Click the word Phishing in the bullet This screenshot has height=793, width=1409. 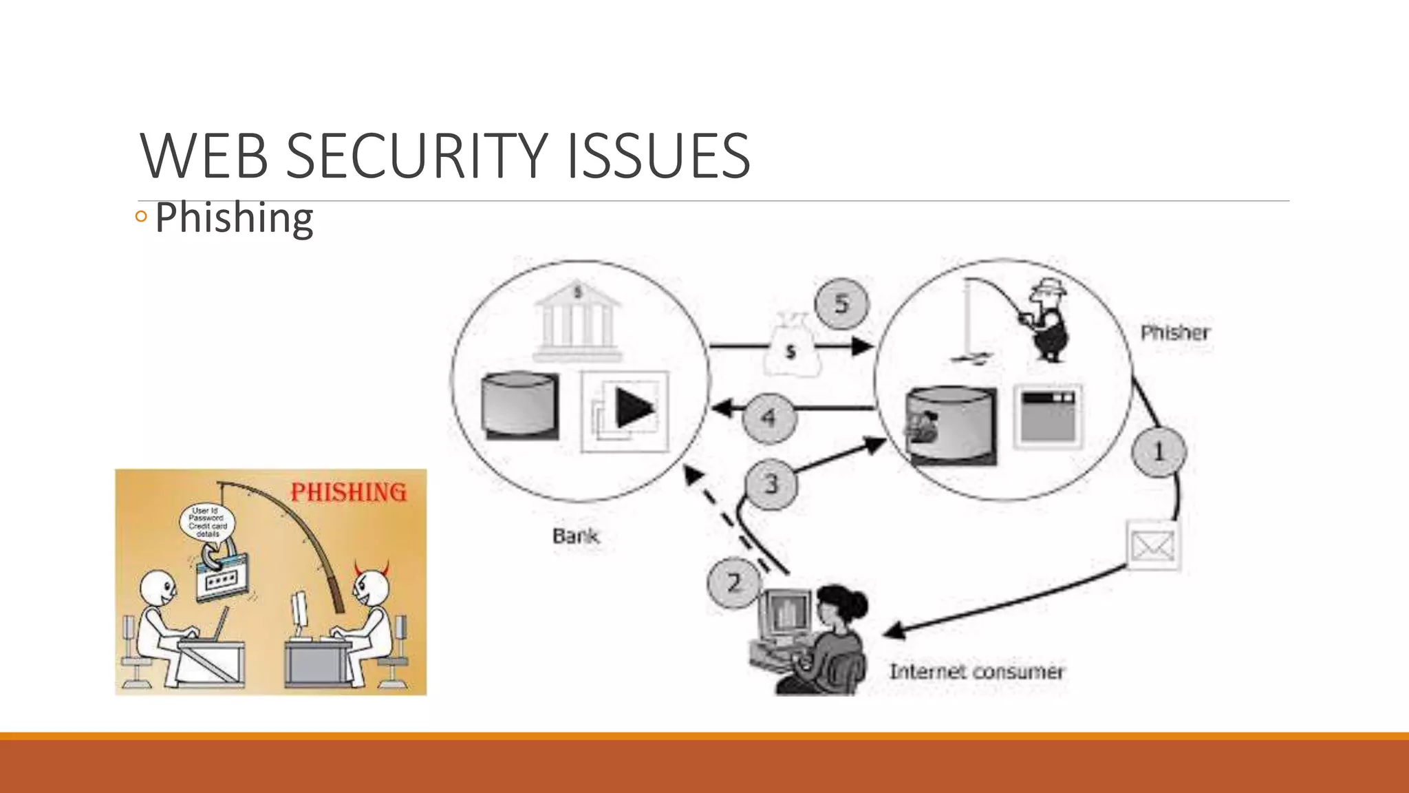click(x=234, y=218)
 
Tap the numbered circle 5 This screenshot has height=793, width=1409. click(x=841, y=304)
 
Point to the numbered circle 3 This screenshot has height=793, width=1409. click(x=771, y=484)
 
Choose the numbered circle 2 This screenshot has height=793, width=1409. click(x=734, y=583)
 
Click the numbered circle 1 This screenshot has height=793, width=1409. click(x=1159, y=452)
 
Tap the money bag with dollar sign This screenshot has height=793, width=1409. click(x=792, y=348)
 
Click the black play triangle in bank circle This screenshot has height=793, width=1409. click(x=634, y=409)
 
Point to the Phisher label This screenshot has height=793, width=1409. click(x=1175, y=333)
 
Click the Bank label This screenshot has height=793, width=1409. click(x=576, y=536)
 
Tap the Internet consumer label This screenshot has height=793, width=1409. click(x=976, y=671)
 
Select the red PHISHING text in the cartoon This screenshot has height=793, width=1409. click(x=348, y=492)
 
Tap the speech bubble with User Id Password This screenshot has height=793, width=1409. click(x=206, y=522)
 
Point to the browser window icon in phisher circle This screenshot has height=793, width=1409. click(x=1048, y=416)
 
